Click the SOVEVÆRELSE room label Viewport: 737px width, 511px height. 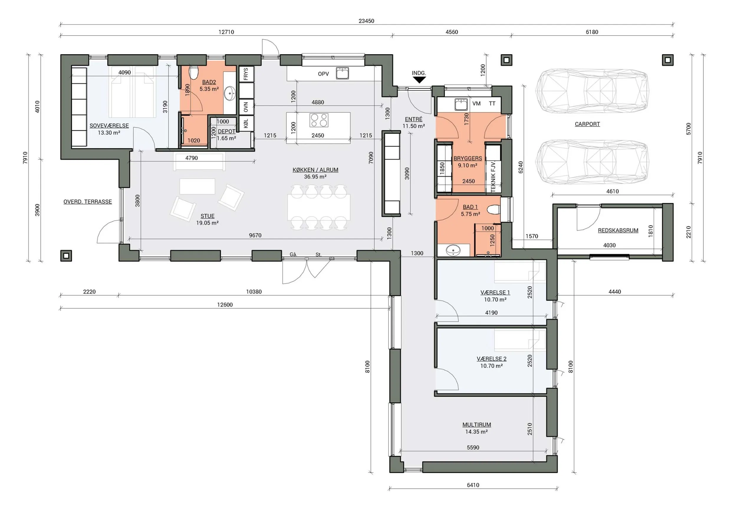(x=109, y=126)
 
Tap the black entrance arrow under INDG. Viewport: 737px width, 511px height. (x=419, y=80)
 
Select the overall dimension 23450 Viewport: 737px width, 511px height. (x=366, y=21)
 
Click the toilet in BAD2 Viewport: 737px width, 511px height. (x=193, y=73)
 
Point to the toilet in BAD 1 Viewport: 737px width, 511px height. (x=493, y=210)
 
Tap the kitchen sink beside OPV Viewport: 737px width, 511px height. (x=342, y=73)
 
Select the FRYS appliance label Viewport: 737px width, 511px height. (x=246, y=74)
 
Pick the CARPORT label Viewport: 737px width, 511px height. (x=587, y=124)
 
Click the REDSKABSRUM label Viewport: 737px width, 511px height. (x=618, y=230)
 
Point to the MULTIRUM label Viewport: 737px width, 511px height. (x=476, y=425)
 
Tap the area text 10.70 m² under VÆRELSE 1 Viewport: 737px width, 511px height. (x=495, y=299)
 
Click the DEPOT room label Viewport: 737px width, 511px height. (x=226, y=131)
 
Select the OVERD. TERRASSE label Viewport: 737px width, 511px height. (x=88, y=201)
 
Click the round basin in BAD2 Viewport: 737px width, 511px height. (x=230, y=93)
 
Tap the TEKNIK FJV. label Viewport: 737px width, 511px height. (x=493, y=177)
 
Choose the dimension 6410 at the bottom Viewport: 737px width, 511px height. (x=473, y=485)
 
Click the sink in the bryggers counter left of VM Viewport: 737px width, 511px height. (x=461, y=104)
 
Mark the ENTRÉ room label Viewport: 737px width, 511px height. (x=414, y=119)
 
